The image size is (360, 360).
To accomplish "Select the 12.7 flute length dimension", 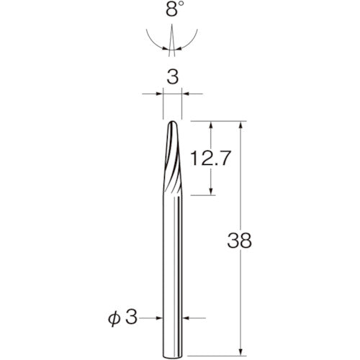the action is [211, 158].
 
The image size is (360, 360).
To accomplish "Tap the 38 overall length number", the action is [240, 240].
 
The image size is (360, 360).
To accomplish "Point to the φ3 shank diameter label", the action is [122, 318].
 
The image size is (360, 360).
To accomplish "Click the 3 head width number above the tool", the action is [173, 77].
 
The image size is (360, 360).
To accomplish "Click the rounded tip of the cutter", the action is [173, 122].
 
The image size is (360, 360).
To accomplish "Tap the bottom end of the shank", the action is [173, 357].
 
